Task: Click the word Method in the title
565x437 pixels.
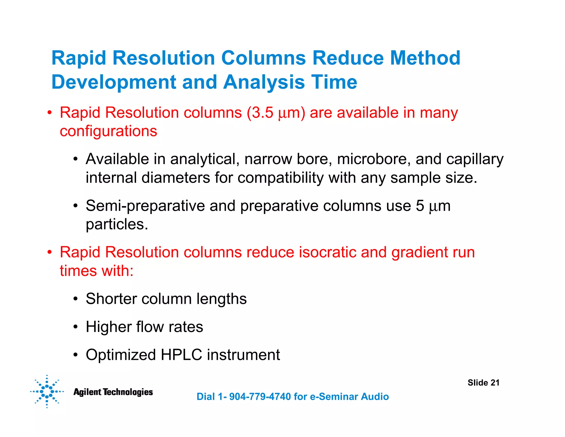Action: [425, 58]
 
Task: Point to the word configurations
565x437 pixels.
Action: [108, 131]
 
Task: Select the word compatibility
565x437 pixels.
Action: [280, 178]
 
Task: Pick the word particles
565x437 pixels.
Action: [117, 224]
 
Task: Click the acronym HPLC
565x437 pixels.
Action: [181, 355]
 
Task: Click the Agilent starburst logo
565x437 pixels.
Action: [47, 391]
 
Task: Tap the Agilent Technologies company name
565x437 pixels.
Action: [113, 392]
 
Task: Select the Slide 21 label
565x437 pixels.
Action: [483, 383]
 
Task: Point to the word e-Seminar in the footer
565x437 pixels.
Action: [334, 397]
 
